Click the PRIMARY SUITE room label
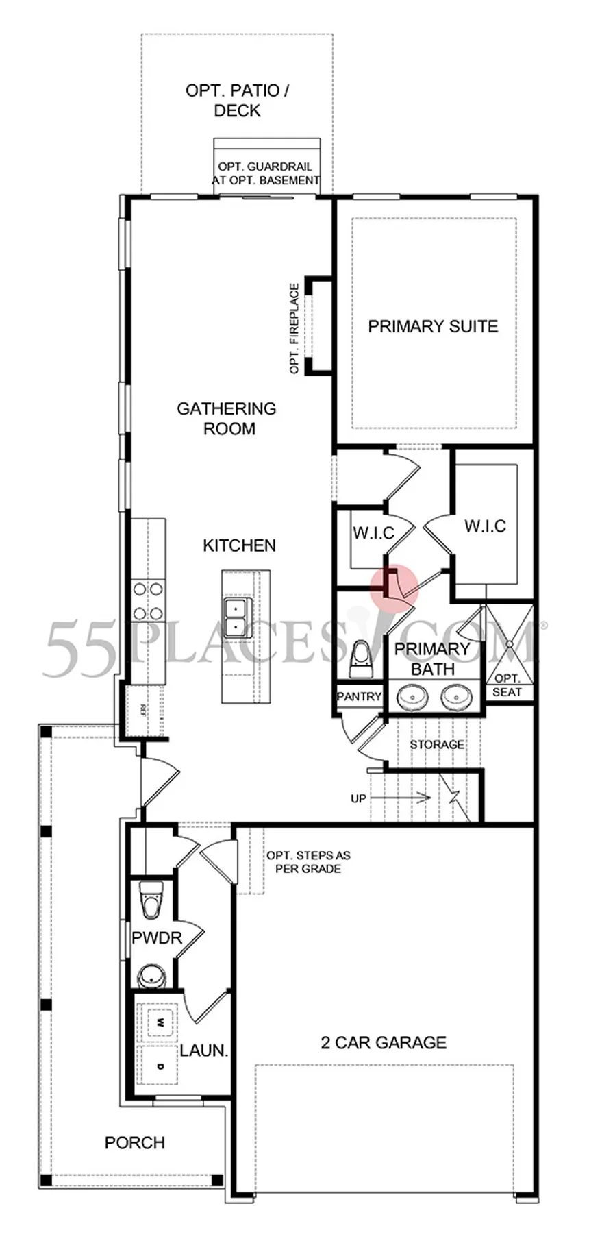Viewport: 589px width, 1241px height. pyautogui.click(x=433, y=326)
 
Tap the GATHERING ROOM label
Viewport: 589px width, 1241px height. pyautogui.click(x=226, y=418)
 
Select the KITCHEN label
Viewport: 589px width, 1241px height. pyautogui.click(x=239, y=545)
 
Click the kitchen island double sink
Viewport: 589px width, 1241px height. pyautogui.click(x=236, y=616)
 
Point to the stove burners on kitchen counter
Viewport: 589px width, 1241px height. pyautogui.click(x=148, y=600)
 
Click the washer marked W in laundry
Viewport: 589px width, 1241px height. pyautogui.click(x=160, y=1022)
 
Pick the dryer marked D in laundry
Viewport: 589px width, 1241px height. pyautogui.click(x=160, y=1066)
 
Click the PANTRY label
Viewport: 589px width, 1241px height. pyautogui.click(x=359, y=696)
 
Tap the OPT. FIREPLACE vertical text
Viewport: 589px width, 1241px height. pyautogui.click(x=294, y=328)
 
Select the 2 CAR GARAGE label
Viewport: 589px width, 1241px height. pyautogui.click(x=384, y=1042)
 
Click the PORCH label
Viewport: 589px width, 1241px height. pyautogui.click(x=135, y=1142)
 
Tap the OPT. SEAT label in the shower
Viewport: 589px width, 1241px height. pyautogui.click(x=507, y=685)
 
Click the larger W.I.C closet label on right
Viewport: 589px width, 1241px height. pyautogui.click(x=485, y=526)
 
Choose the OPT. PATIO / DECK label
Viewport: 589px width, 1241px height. pyautogui.click(x=237, y=100)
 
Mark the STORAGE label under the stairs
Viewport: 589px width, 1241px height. pyautogui.click(x=437, y=744)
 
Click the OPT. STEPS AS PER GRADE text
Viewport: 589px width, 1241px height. pyautogui.click(x=308, y=862)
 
